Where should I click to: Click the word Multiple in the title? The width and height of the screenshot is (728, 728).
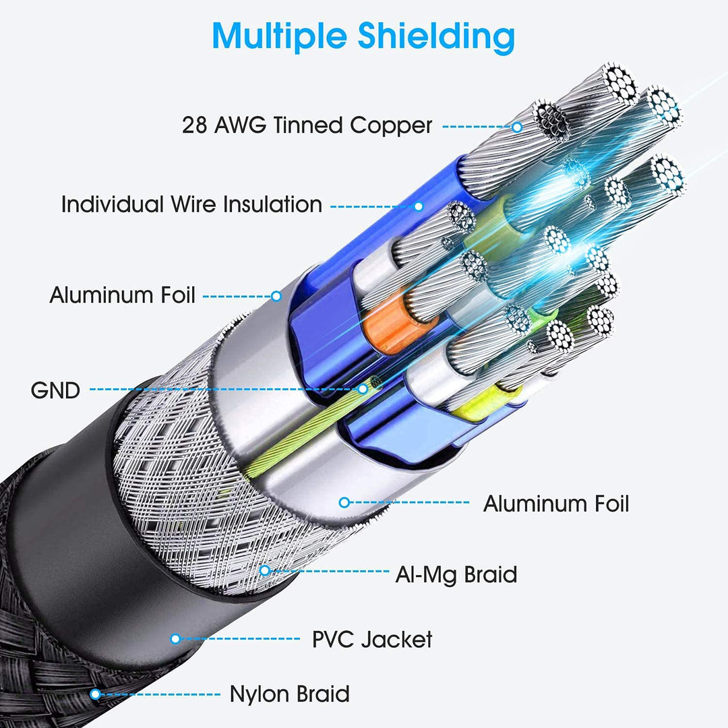(280, 36)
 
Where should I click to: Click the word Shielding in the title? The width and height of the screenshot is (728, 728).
(436, 36)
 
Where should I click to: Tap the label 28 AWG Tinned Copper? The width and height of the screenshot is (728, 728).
(307, 125)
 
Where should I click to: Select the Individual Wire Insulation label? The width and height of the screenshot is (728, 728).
(191, 204)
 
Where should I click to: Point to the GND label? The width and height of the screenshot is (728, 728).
(55, 390)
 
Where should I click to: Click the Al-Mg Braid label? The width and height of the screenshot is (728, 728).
(456, 574)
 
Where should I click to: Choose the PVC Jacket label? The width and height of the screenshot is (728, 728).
(372, 639)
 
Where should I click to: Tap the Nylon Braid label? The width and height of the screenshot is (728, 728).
(289, 694)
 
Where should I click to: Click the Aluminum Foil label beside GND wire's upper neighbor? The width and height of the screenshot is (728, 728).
(123, 295)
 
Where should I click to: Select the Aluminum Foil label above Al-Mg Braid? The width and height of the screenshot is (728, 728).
(555, 504)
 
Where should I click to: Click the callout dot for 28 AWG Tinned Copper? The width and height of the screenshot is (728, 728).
(517, 126)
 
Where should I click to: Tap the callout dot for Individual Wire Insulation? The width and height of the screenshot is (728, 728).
(419, 206)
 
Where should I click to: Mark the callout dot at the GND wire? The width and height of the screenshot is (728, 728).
(362, 389)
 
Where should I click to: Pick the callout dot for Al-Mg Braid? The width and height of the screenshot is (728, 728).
(265, 570)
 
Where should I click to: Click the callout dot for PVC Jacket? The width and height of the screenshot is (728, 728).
(175, 639)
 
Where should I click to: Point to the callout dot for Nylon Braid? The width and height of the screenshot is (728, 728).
(95, 694)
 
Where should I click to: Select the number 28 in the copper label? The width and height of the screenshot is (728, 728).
(194, 125)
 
